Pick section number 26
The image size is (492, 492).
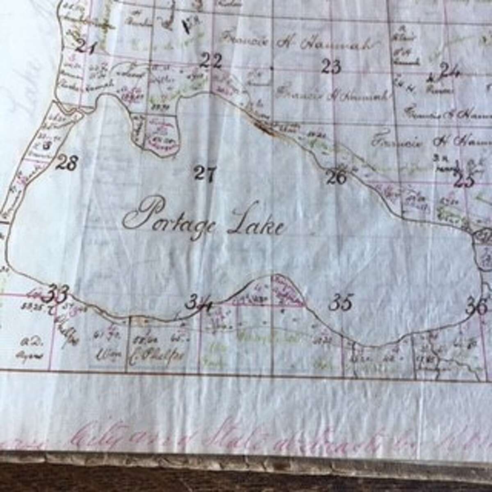[x=336, y=177]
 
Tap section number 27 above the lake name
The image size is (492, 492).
[x=205, y=173]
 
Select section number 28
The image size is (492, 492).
[x=66, y=163]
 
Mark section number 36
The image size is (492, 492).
[x=476, y=306]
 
